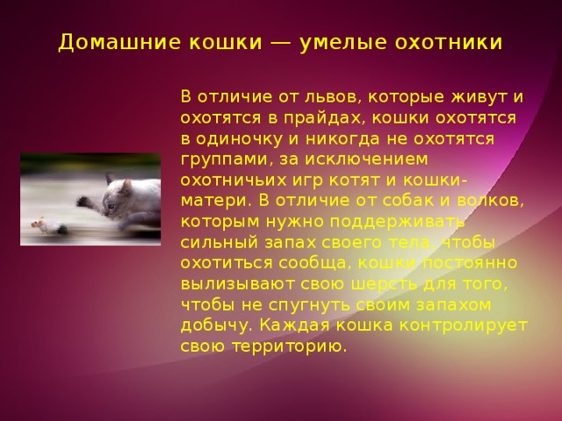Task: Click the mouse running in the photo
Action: pyautogui.click(x=45, y=227)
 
